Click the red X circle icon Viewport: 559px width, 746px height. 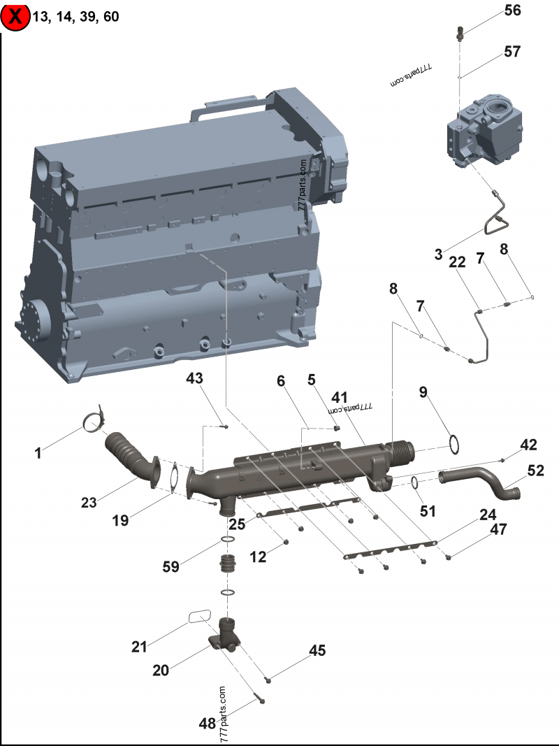click(x=15, y=17)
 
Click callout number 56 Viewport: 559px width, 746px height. click(x=513, y=10)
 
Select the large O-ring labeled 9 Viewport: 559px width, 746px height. click(x=453, y=443)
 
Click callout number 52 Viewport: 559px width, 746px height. click(x=535, y=472)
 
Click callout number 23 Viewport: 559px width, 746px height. click(x=89, y=501)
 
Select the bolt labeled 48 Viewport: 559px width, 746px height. click(x=259, y=698)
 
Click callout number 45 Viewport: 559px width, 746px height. click(x=317, y=651)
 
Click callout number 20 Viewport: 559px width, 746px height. click(x=161, y=670)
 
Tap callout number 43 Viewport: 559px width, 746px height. click(x=195, y=378)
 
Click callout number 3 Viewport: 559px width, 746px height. click(x=439, y=255)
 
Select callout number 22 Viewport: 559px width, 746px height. click(x=457, y=262)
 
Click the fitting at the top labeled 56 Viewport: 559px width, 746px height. click(x=460, y=31)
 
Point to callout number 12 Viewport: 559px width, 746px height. click(x=259, y=557)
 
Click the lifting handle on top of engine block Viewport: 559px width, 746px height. click(x=231, y=106)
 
